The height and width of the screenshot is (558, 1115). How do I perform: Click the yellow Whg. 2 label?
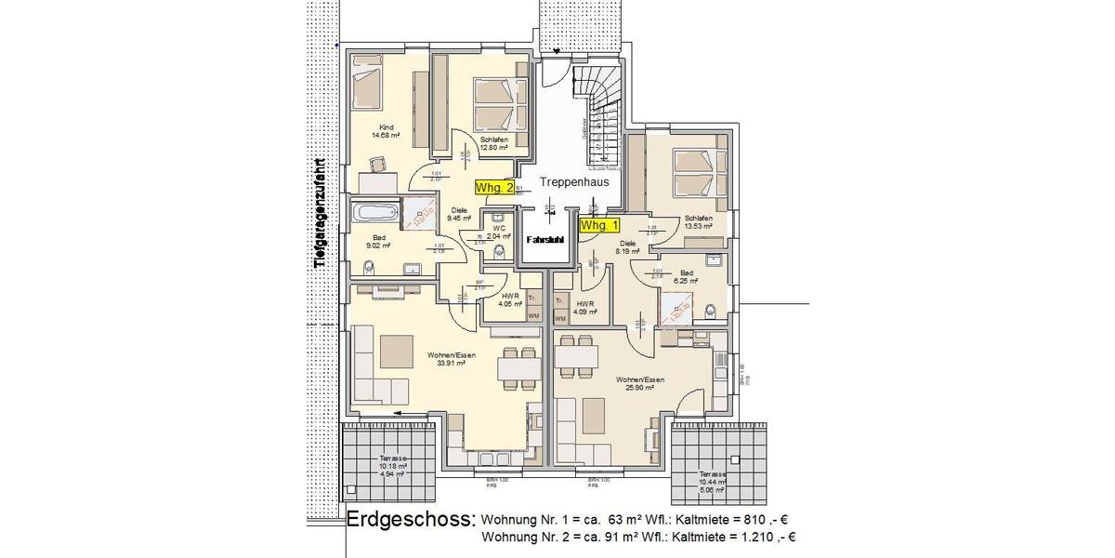pyautogui.click(x=494, y=187)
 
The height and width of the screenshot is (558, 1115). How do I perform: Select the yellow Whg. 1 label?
pyautogui.click(x=599, y=225)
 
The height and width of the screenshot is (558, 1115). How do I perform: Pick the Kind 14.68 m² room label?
pyautogui.click(x=385, y=131)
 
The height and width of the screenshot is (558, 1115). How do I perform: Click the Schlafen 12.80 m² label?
pyautogui.click(x=493, y=143)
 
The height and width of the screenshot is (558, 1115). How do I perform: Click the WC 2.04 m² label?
pyautogui.click(x=499, y=232)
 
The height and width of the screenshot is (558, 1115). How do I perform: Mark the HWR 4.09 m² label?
pyautogui.click(x=584, y=308)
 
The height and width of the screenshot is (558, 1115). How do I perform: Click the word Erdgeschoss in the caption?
pyautogui.click(x=410, y=520)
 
